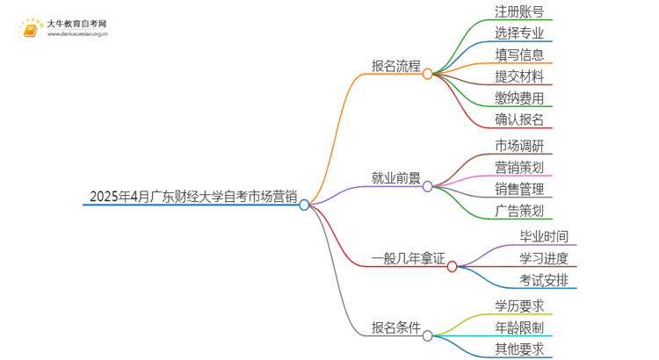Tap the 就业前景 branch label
(x=396, y=177)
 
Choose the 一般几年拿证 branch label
(x=409, y=258)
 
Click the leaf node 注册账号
(x=519, y=12)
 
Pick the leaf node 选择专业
(x=519, y=33)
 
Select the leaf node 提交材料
(x=519, y=76)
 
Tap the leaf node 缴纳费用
(x=519, y=97)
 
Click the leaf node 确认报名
(x=519, y=119)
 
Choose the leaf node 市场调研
(x=519, y=145)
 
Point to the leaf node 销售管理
(x=519, y=188)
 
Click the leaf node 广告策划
(x=519, y=210)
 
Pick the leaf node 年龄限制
(x=519, y=328)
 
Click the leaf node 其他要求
(x=519, y=349)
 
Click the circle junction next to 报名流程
(x=428, y=75)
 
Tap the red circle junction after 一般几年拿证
(x=453, y=267)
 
